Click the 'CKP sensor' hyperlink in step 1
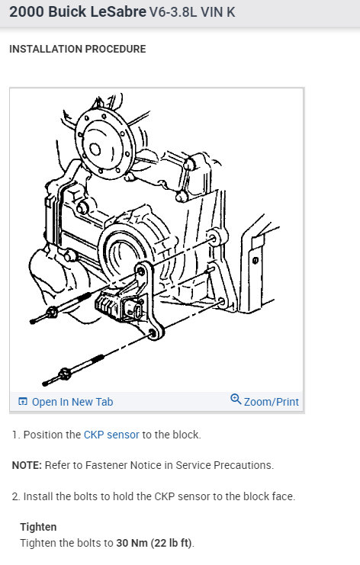tap(111, 435)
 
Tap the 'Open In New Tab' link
tap(72, 402)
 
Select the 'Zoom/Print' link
tap(272, 402)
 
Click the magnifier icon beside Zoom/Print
tap(236, 399)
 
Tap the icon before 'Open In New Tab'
tap(23, 401)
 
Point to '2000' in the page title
tap(26, 12)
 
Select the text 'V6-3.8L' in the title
tap(173, 12)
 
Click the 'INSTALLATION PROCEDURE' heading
tap(78, 49)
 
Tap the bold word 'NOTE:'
tap(27, 465)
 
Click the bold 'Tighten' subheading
tap(38, 527)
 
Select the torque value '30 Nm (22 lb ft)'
tap(154, 543)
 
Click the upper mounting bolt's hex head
tap(53, 312)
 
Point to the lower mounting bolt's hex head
tap(65, 374)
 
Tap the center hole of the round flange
tap(95, 149)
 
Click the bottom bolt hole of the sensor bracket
tap(153, 332)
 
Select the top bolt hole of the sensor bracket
tap(141, 271)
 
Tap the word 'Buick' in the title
tap(67, 12)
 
